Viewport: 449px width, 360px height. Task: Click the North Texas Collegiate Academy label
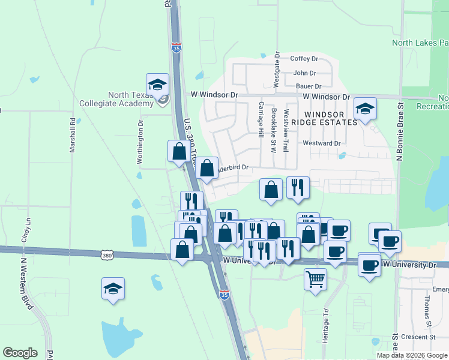(131, 99)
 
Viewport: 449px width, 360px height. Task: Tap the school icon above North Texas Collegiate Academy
(157, 85)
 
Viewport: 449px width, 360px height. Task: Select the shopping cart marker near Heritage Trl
(315, 278)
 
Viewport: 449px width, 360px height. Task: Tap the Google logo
(20, 353)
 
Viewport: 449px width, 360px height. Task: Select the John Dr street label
(304, 73)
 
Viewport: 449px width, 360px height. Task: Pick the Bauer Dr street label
(309, 86)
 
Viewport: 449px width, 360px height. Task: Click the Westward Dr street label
(322, 143)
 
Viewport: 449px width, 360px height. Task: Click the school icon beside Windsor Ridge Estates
(364, 109)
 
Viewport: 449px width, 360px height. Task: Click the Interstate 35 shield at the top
(176, 47)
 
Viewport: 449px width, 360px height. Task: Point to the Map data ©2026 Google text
(412, 355)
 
